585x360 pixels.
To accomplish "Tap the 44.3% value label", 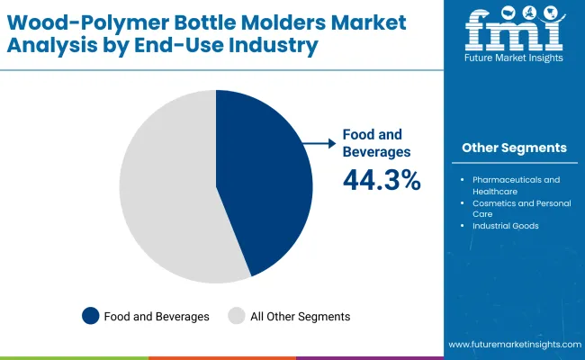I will pyautogui.click(x=382, y=180).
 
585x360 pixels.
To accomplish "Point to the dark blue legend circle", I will pyautogui.click(x=90, y=316).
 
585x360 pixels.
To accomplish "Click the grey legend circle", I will pyautogui.click(x=236, y=316).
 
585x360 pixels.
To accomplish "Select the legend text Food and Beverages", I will pyautogui.click(x=157, y=316).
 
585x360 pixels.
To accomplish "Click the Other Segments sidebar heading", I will pyautogui.click(x=514, y=148).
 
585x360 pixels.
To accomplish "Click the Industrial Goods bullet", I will pyautogui.click(x=505, y=225).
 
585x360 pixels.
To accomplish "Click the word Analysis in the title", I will pyautogui.click(x=62, y=44).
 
